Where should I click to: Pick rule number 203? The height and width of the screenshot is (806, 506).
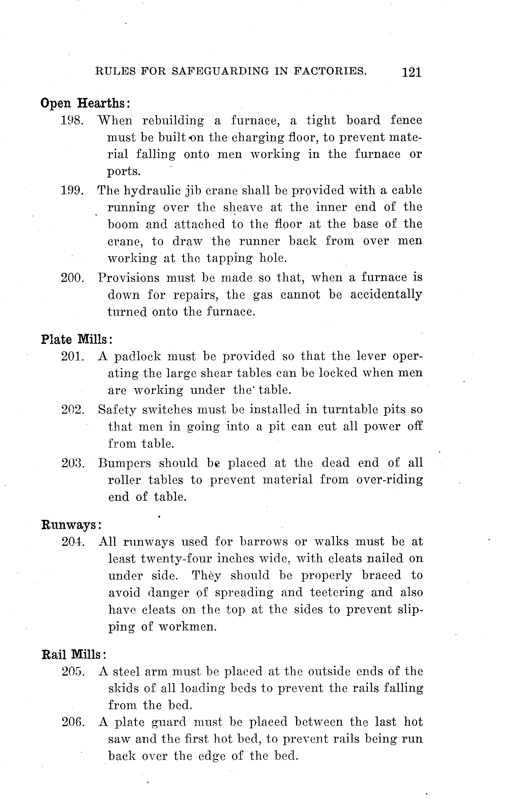[73, 463]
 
